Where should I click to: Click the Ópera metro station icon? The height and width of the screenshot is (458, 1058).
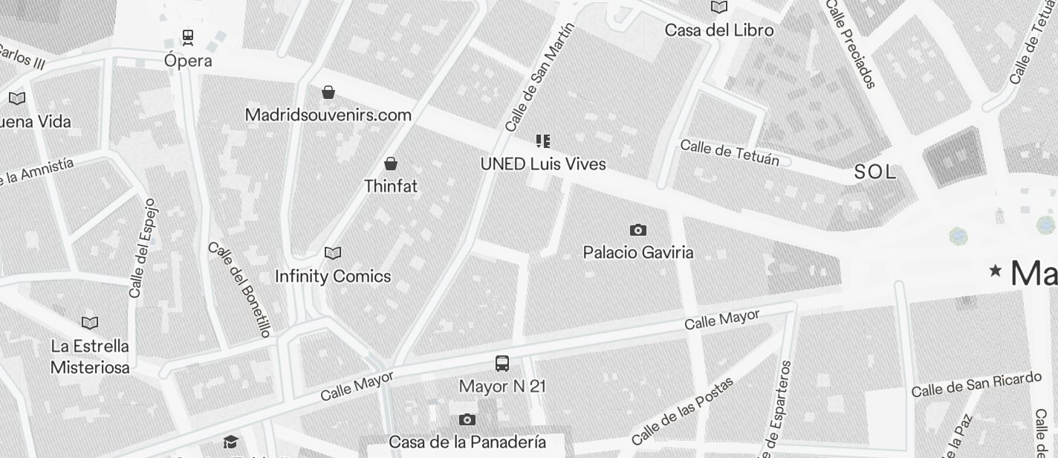point(188,36)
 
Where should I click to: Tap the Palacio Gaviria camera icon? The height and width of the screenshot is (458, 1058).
point(637,230)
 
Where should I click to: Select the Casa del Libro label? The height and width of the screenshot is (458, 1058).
point(718,30)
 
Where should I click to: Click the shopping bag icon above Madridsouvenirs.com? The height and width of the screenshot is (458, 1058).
point(328,92)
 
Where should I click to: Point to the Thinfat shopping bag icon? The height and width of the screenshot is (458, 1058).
point(391,164)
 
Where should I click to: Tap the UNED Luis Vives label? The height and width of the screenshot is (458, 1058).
point(543,164)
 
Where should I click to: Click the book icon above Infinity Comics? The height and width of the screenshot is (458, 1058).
point(333,254)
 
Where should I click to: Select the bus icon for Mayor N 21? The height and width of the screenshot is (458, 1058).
point(502,364)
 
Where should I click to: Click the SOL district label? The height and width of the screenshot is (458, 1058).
point(875,172)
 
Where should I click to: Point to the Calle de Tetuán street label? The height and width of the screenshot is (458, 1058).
point(730,152)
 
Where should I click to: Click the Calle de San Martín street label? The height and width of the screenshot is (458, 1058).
point(540,77)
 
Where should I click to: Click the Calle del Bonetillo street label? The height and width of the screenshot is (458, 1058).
point(240,289)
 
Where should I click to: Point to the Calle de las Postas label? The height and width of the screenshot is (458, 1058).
point(682,410)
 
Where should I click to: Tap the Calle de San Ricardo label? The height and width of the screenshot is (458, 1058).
point(976,384)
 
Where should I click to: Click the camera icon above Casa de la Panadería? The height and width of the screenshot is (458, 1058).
point(467,420)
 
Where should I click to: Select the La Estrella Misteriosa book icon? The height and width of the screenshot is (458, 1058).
point(90,323)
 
